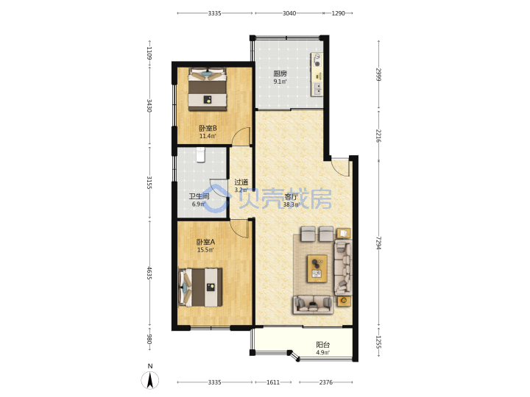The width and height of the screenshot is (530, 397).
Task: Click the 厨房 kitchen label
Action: tap(280, 74)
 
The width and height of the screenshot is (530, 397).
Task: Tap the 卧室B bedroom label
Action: tap(208, 128)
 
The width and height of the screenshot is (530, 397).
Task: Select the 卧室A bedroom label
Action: tap(205, 242)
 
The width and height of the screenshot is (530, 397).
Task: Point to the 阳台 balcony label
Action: tap(323, 345)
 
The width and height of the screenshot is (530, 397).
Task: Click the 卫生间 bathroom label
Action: tap(199, 196)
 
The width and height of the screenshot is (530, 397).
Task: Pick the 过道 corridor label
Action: tap(241, 182)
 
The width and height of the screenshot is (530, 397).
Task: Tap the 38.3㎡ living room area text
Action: tap(291, 204)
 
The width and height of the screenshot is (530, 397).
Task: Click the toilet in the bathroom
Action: tap(200, 155)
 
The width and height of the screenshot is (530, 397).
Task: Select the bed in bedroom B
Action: tap(207, 89)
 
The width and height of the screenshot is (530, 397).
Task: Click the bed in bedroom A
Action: tap(200, 287)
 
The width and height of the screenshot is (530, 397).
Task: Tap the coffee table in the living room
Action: tap(317, 268)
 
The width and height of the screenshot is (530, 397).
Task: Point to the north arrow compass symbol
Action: tap(149, 380)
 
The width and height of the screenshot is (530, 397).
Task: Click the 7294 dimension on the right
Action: tap(379, 243)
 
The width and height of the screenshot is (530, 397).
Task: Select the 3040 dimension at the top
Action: tap(289, 13)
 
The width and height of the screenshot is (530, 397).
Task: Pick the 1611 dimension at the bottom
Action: tap(273, 382)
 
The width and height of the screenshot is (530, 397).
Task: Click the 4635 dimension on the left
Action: tap(149, 273)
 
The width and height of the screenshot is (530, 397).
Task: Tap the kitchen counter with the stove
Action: tap(317, 74)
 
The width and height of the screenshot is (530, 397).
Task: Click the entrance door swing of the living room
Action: tap(340, 167)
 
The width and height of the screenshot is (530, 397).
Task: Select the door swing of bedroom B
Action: tap(241, 136)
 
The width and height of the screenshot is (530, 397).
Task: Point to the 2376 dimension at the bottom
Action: tap(326, 382)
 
